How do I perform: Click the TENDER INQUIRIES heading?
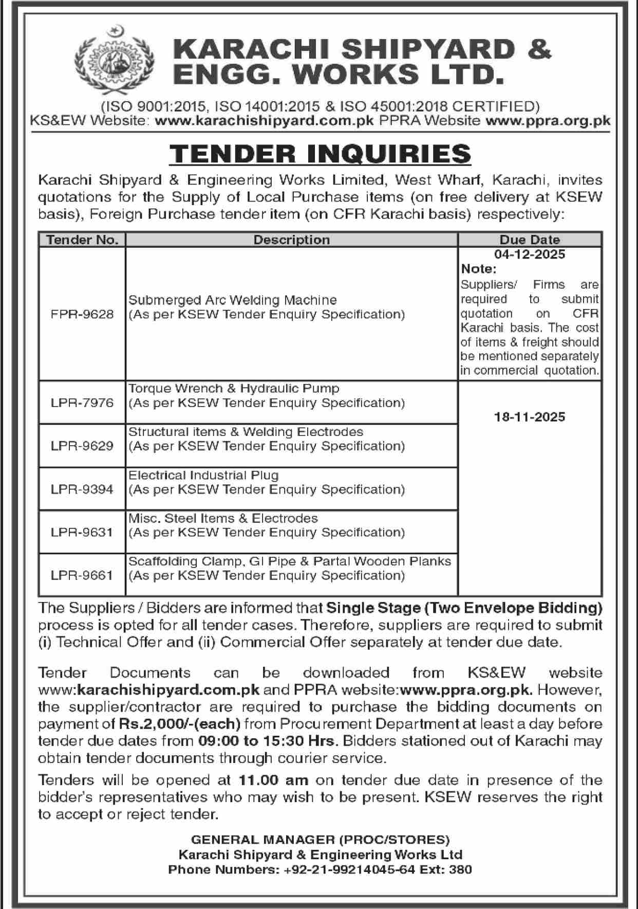[320, 153]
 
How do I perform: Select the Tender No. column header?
[82, 240]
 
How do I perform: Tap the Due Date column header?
[530, 240]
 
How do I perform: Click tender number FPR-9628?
[82, 314]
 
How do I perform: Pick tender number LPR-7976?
[82, 402]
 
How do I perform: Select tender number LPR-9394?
[82, 489]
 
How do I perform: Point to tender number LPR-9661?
[82, 575]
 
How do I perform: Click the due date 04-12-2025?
[530, 254]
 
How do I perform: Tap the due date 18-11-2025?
[530, 417]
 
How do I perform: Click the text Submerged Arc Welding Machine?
[233, 300]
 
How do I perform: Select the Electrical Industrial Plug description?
[203, 475]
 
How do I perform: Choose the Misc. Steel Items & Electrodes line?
[223, 518]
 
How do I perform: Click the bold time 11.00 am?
[273, 780]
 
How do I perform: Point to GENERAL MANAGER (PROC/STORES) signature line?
[320, 840]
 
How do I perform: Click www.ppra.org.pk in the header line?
[548, 121]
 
